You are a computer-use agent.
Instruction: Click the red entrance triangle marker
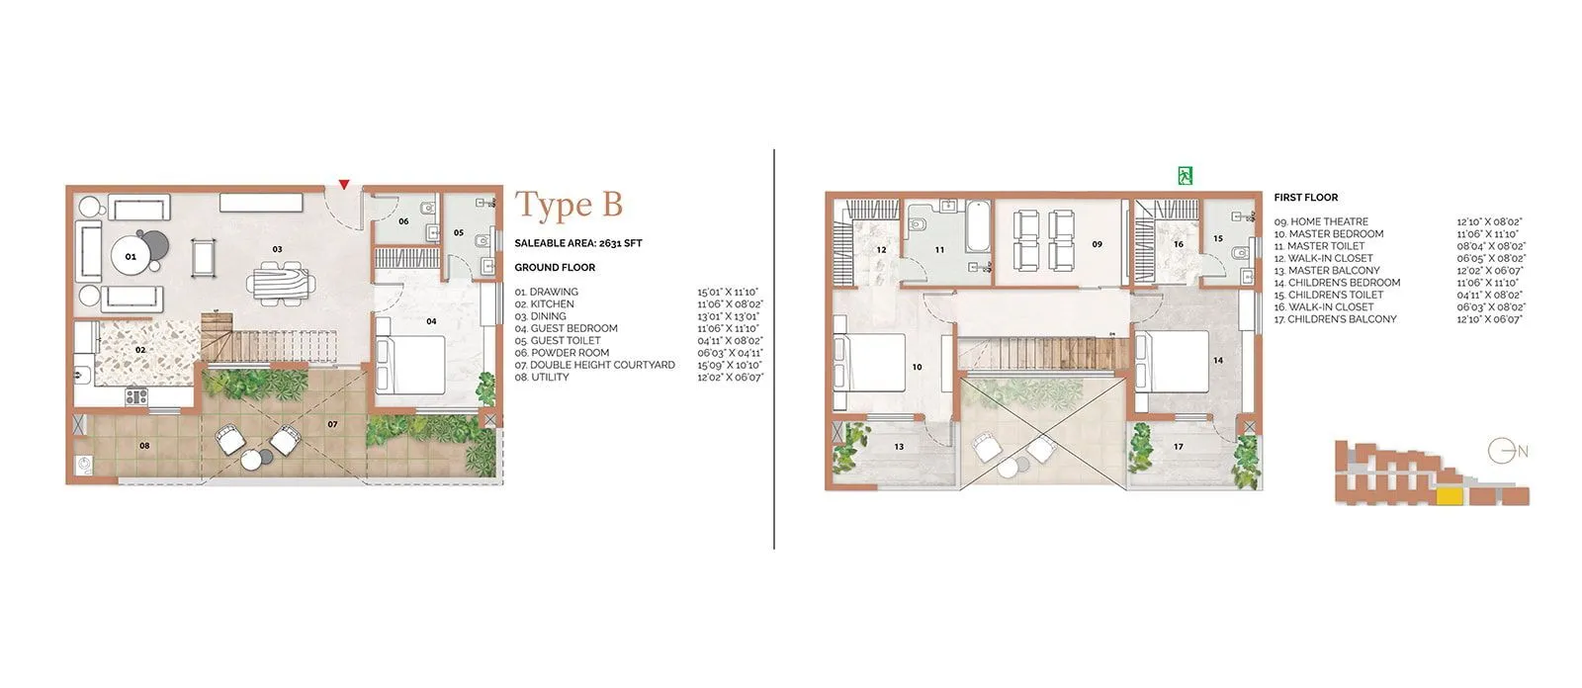343,184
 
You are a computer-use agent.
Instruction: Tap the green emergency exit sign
1185,176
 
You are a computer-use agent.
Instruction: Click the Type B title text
569,205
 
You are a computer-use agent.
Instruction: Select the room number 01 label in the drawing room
131,256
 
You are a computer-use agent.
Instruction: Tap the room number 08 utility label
144,446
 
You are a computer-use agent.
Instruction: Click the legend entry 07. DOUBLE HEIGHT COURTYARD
594,365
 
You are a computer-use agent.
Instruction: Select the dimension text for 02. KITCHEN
730,304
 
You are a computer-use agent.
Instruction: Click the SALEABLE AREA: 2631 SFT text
577,243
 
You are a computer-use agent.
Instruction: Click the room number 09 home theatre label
1097,244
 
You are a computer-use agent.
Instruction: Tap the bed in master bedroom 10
870,365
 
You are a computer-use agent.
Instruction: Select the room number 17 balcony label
1178,447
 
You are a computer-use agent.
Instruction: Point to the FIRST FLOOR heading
1305,198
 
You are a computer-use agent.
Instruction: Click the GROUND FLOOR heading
555,268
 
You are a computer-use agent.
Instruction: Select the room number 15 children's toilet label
1217,238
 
